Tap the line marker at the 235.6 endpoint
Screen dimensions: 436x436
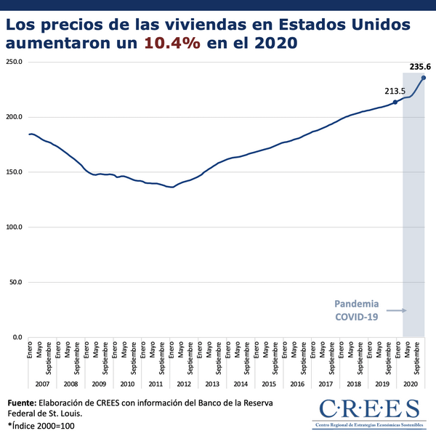coord(424,78)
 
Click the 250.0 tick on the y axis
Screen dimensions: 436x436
coord(15,62)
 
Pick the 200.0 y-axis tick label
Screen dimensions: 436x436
coord(15,117)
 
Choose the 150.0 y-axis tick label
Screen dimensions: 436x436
coord(15,172)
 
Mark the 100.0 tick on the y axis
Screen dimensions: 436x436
coord(15,227)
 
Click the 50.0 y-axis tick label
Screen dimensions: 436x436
coord(17,282)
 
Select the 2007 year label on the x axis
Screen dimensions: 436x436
coord(42,383)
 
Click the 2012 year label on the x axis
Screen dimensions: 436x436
coord(183,383)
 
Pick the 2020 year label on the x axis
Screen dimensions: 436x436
coord(410,383)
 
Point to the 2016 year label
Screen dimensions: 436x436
coord(296,383)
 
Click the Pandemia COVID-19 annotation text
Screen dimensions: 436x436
coord(356,310)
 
